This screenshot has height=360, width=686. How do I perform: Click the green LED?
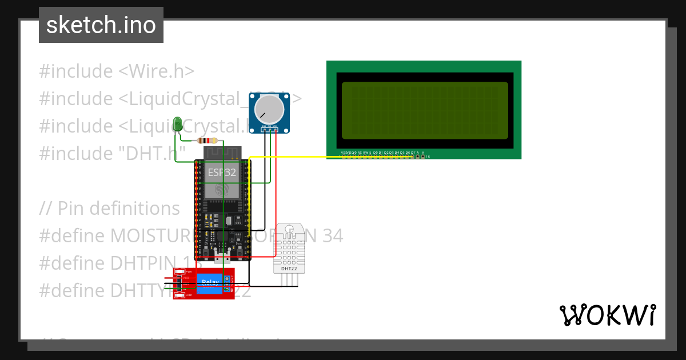pos(177,123)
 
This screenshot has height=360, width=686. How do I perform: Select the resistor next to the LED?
pos(206,141)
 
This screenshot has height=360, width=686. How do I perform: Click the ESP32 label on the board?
pos(222,171)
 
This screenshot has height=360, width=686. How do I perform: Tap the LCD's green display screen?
pos(424,110)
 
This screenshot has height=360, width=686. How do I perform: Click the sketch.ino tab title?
pos(101,25)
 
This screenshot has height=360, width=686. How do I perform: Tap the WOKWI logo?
pos(607,315)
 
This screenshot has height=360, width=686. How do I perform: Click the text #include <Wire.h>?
pos(117,71)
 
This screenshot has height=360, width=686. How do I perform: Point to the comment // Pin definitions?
pos(109,209)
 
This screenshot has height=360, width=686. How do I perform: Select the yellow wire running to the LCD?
pos(286,157)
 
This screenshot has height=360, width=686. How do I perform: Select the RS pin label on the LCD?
pos(359,153)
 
